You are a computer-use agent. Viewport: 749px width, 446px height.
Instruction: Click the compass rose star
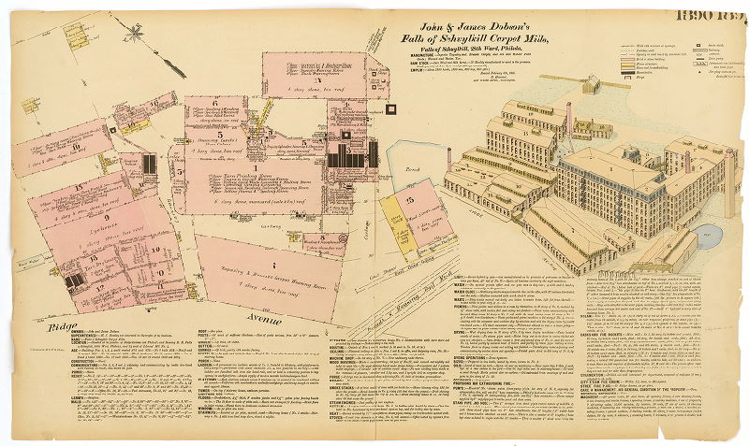[x=137, y=35]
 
